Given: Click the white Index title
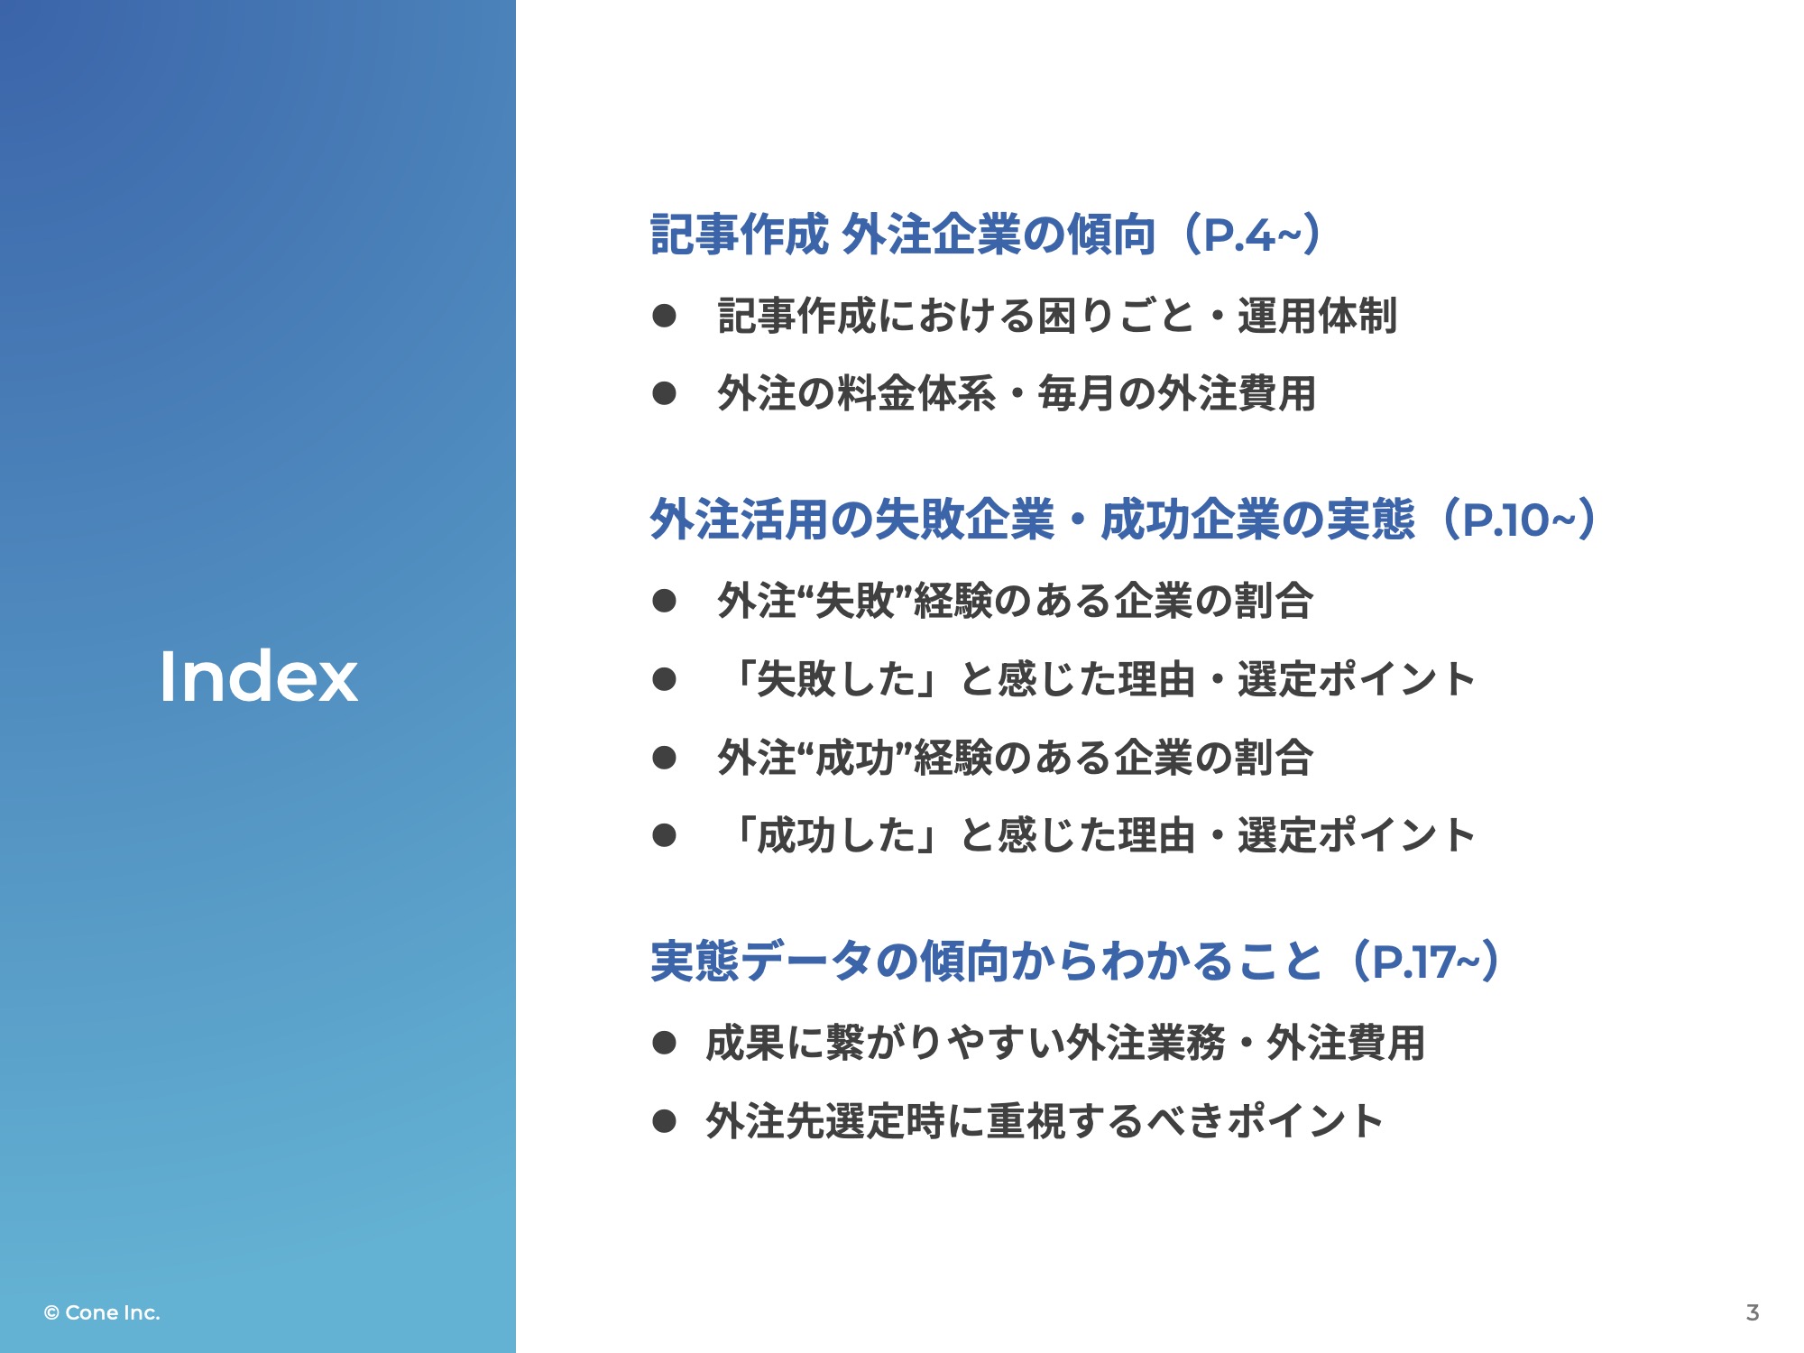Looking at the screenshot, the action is [x=259, y=676].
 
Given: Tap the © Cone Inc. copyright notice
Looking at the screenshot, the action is [x=102, y=1312].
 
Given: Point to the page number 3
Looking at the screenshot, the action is [x=1752, y=1312].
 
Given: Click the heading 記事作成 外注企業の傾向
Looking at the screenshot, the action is [x=903, y=235].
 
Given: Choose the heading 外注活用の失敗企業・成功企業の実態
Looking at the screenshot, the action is [x=1033, y=520].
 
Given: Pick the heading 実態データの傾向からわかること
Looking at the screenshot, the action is [x=987, y=962].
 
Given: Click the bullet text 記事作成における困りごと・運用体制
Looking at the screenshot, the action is [x=1057, y=316].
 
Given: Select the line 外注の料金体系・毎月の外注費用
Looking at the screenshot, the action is [x=1017, y=394].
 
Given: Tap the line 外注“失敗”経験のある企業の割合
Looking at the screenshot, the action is [x=1015, y=601].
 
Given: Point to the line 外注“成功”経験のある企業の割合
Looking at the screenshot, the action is [x=1015, y=758].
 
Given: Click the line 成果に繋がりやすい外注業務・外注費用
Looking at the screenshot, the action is [x=1065, y=1044].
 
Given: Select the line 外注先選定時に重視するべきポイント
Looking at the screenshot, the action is [x=1045, y=1121].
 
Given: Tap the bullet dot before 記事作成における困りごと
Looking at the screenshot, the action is [x=665, y=316].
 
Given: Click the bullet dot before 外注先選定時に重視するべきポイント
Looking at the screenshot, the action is [x=665, y=1121].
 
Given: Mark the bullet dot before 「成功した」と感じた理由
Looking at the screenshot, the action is [x=665, y=835].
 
